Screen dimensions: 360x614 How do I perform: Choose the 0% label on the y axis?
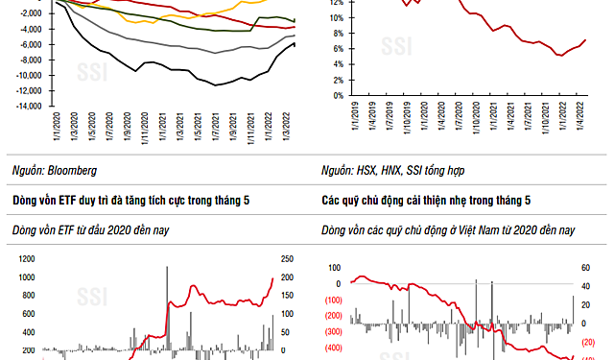(338, 96)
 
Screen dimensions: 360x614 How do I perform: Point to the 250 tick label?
(287, 258)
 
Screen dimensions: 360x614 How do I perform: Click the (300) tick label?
(334, 331)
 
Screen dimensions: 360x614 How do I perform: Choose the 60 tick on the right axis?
(584, 268)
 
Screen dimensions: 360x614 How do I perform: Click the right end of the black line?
(295, 44)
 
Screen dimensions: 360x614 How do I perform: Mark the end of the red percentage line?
(585, 40)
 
